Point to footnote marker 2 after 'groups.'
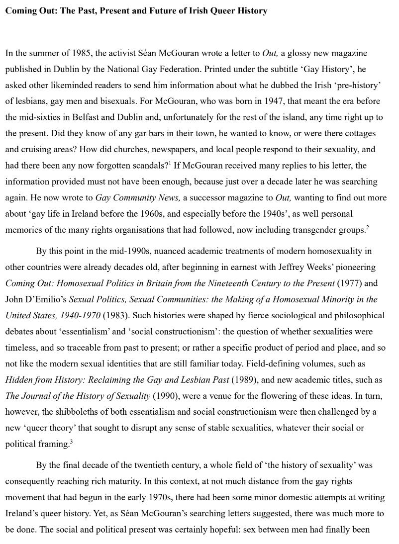point(368,227)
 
